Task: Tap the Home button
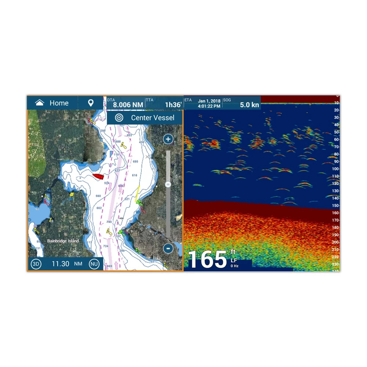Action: [52, 103]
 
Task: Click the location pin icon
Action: [91, 103]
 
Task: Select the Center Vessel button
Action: [145, 118]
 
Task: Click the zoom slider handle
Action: [168, 184]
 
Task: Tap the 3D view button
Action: [36, 264]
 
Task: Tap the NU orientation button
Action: [94, 264]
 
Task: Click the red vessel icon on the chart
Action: [98, 177]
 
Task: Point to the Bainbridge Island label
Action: [63, 241]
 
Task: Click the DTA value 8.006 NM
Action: [128, 105]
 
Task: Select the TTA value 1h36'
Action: [173, 105]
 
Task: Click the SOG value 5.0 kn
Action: [250, 105]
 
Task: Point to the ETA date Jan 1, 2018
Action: [209, 101]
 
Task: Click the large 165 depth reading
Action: [207, 260]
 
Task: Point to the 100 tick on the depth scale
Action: [335, 169]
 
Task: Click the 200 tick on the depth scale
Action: [335, 242]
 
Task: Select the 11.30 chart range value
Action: [60, 264]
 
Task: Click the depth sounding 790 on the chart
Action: [109, 222]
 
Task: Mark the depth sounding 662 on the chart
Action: [99, 208]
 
